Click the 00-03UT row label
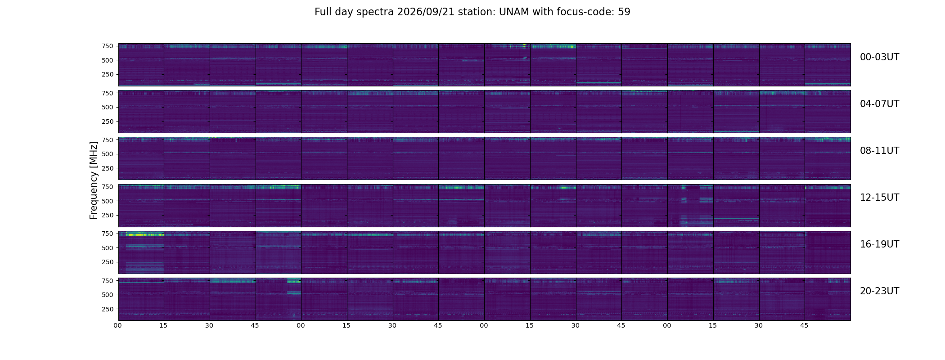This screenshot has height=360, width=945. click(x=879, y=57)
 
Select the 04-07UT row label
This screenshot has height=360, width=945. click(x=879, y=104)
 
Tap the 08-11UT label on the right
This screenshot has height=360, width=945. click(x=879, y=151)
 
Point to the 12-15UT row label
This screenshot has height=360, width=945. click(x=879, y=198)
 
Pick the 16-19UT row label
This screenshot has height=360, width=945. click(x=879, y=244)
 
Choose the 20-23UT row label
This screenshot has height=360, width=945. click(x=879, y=291)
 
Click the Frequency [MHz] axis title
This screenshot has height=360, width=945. click(x=94, y=180)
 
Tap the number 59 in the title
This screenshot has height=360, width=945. click(x=624, y=12)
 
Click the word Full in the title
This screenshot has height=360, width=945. click(x=322, y=12)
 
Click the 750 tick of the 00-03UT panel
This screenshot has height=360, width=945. click(x=107, y=46)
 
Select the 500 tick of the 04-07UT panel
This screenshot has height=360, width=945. click(x=107, y=107)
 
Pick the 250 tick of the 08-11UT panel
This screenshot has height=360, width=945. click(x=107, y=168)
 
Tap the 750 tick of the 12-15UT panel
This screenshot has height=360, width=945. click(x=107, y=187)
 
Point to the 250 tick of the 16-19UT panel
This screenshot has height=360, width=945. click(x=107, y=262)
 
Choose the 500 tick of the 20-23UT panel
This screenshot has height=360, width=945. click(x=107, y=295)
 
